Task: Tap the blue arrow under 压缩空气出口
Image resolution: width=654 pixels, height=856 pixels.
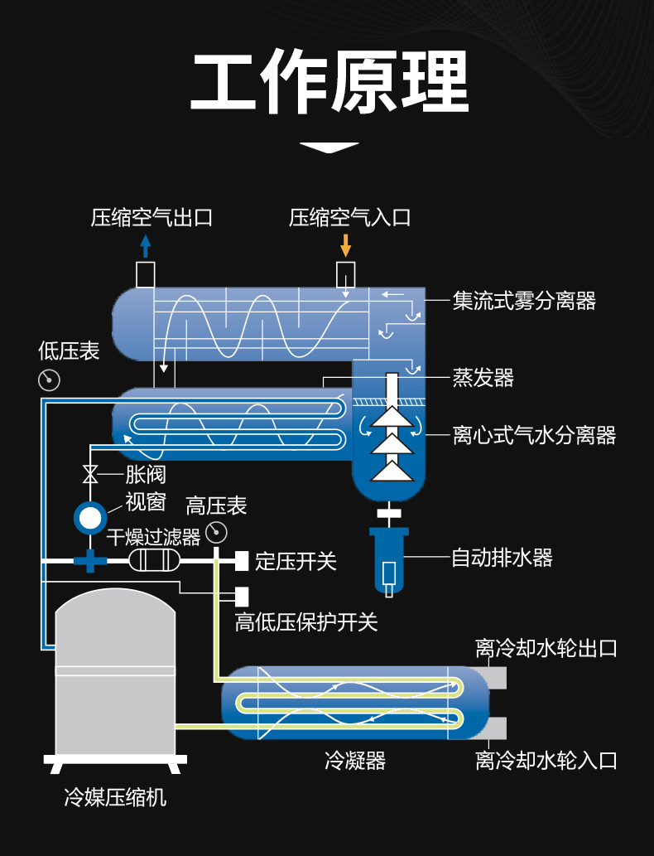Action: (146, 245)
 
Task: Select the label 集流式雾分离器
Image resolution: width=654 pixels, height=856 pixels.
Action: (524, 300)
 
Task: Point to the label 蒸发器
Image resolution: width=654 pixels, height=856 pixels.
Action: (483, 378)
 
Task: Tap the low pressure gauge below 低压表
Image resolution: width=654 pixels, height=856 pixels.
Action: (50, 380)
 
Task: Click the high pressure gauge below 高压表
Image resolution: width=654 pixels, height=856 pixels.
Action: (216, 531)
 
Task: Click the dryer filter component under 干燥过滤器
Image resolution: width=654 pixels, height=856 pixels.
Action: (154, 561)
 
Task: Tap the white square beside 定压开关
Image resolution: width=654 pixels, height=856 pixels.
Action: (242, 561)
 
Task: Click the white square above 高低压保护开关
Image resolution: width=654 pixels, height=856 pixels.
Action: (242, 595)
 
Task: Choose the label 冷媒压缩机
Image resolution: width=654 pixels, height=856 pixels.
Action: (115, 797)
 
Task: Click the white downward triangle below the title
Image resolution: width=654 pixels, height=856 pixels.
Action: (329, 148)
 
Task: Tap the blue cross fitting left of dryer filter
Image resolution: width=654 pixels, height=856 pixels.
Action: (89, 561)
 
